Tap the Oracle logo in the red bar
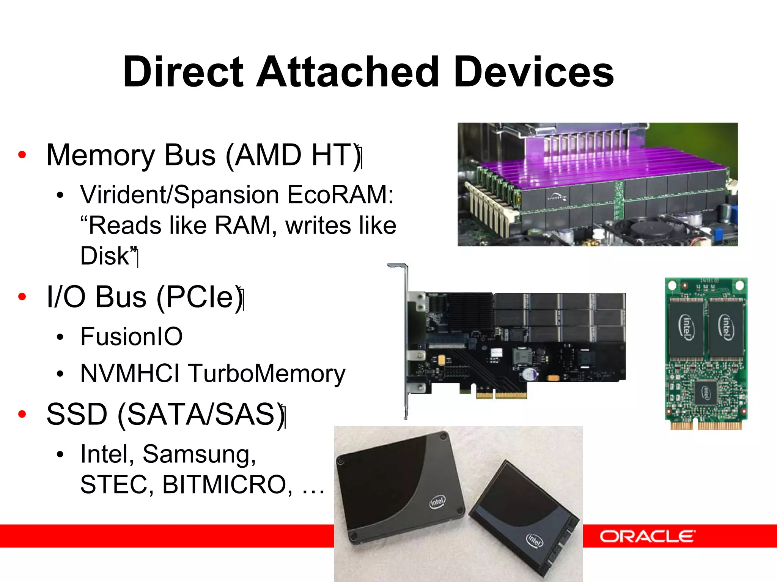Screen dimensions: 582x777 pos(647,536)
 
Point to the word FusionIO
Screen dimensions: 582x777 pos(131,336)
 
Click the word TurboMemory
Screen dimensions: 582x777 pos(266,374)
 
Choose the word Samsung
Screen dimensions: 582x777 pos(200,454)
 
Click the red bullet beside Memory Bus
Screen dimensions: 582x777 pos(22,155)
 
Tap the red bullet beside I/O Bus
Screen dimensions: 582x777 pos(22,297)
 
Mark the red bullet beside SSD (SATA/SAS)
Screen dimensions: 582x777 pos(22,414)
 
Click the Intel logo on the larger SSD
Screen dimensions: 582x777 pos(437,502)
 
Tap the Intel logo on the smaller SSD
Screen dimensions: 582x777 pos(534,539)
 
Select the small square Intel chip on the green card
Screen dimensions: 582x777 pos(705,392)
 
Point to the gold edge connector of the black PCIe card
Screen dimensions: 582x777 pos(501,395)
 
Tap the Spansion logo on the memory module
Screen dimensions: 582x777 pos(557,197)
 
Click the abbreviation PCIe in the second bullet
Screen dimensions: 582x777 pos(199,297)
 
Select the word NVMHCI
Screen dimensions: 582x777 pos(130,374)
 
